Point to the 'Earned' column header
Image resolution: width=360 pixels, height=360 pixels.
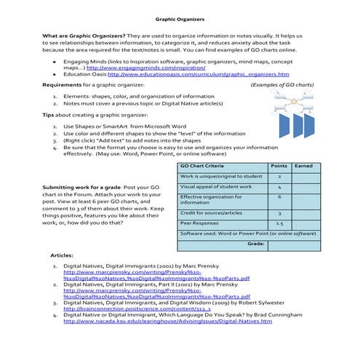[x=303, y=167]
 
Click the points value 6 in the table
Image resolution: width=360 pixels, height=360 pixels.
[x=279, y=196]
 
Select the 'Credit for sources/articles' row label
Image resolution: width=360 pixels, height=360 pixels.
[x=211, y=213]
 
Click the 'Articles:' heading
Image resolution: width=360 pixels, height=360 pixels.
[x=62, y=257]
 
